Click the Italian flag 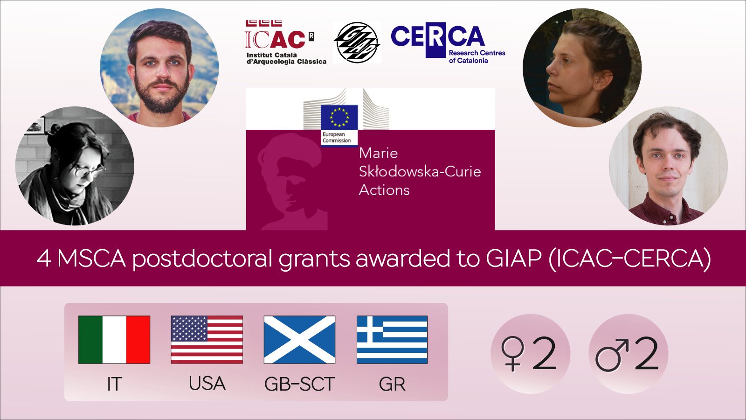click(114, 340)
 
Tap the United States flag click(207, 340)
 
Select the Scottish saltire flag click(299, 340)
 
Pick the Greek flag click(392, 340)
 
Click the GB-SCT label click(299, 384)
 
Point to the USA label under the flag click(207, 384)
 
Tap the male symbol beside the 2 click(611, 355)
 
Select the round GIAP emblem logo click(357, 42)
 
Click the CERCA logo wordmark click(437, 36)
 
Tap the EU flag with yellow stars click(339, 117)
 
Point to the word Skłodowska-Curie click(420, 172)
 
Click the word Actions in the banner click(384, 190)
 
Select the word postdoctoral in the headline click(202, 258)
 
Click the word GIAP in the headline click(513, 258)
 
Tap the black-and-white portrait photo click(75, 166)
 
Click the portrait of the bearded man click(159, 68)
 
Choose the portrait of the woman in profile click(582, 68)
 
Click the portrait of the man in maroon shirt click(668, 166)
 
